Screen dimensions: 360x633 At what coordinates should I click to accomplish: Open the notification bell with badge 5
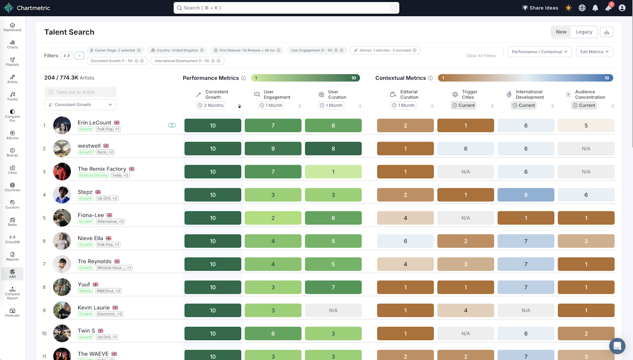click(x=608, y=8)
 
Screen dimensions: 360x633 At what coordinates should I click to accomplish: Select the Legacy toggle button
click(x=584, y=32)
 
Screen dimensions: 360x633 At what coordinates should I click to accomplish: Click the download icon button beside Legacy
click(x=606, y=32)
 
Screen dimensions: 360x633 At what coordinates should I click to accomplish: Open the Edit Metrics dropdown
click(x=594, y=51)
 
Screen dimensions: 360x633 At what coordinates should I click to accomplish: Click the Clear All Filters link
click(x=481, y=56)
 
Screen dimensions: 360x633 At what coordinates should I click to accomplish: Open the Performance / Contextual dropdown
click(x=540, y=51)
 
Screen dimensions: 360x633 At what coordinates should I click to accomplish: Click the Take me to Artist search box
click(x=81, y=92)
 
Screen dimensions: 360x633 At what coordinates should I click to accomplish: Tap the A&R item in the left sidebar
click(x=12, y=274)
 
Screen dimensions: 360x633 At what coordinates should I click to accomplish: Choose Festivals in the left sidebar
click(x=12, y=312)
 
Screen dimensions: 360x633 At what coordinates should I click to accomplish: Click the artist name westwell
click(x=89, y=146)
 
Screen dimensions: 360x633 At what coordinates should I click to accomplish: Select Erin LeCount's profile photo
click(x=62, y=125)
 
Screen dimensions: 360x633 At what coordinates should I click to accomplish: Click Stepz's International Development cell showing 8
click(x=526, y=195)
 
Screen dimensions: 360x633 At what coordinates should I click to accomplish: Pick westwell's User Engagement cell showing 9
click(x=273, y=149)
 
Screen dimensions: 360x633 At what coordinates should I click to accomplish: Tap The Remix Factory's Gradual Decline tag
click(x=93, y=175)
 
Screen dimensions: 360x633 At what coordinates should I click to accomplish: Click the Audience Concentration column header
click(x=590, y=94)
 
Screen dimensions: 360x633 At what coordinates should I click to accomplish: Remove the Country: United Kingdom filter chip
click(x=202, y=51)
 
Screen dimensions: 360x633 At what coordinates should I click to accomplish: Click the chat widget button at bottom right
click(x=617, y=346)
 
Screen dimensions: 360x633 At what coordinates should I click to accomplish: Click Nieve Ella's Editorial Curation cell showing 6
click(x=405, y=241)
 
